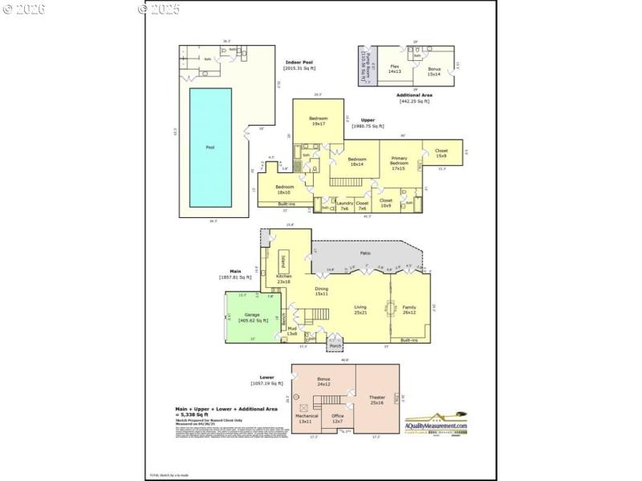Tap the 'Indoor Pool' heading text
tap(299, 63)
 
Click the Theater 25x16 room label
tap(377, 399)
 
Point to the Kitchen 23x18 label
tap(284, 279)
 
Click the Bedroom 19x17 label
tap(319, 121)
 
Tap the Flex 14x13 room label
tap(395, 69)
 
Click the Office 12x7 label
tap(337, 418)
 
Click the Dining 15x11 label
tap(321, 291)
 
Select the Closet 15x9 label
tap(441, 152)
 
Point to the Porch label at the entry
tap(335, 346)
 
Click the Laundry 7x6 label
tap(343, 206)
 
